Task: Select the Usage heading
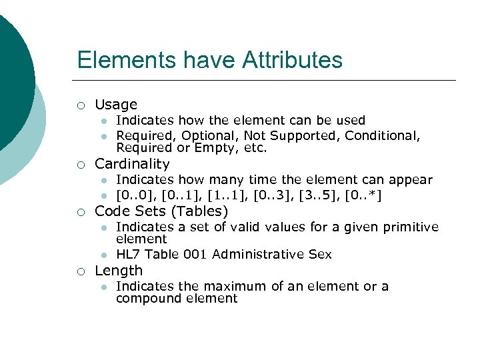116,105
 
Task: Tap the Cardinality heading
132,164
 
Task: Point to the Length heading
119,271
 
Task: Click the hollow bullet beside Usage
81,105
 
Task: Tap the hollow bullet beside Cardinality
81,165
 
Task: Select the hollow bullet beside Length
81,271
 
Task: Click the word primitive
411,227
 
